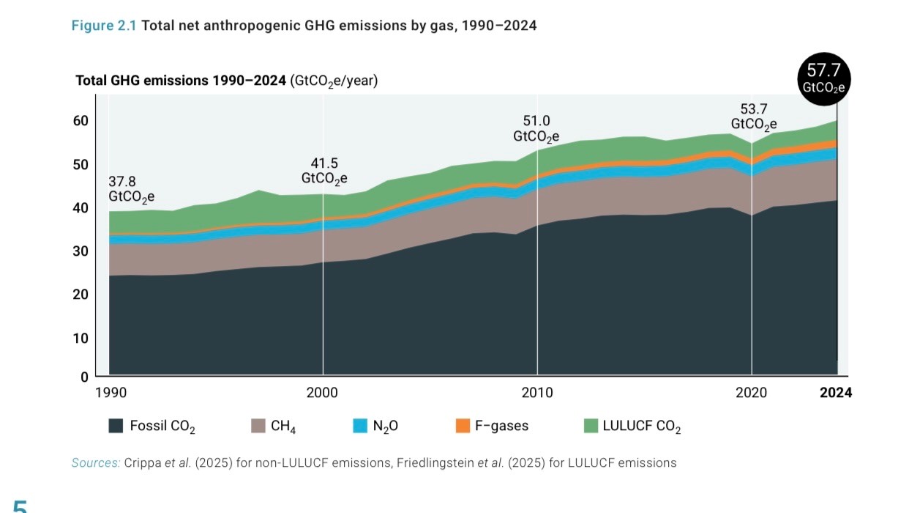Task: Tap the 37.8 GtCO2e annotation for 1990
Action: (x=132, y=188)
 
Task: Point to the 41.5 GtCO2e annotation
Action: (x=324, y=170)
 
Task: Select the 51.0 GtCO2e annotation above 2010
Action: (x=536, y=128)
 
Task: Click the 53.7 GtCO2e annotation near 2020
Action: (x=753, y=117)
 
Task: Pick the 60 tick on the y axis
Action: (x=81, y=121)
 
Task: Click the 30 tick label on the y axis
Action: (x=81, y=251)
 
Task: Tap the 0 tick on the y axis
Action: (x=84, y=377)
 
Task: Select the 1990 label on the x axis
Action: (x=111, y=393)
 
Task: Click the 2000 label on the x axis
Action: (x=322, y=393)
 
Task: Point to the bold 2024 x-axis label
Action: (x=836, y=393)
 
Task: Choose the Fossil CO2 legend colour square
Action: (x=116, y=426)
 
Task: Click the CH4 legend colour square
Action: (x=258, y=426)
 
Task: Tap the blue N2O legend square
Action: (x=359, y=426)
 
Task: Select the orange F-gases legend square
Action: (x=462, y=426)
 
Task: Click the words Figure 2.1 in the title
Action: (x=103, y=26)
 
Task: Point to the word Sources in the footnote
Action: (x=95, y=463)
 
